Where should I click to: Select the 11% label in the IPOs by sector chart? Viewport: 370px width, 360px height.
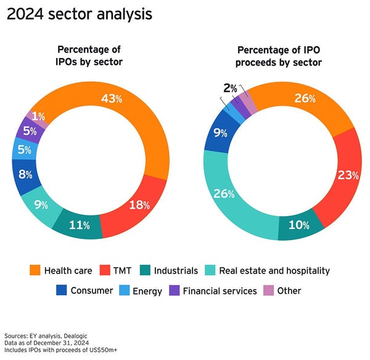(x=78, y=225)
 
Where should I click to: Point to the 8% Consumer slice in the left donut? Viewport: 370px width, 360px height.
(x=27, y=174)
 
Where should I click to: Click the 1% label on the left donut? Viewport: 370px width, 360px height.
(x=39, y=116)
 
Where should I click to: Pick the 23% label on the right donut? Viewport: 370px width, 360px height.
(x=348, y=175)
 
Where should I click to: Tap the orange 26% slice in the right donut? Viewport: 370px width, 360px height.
(x=304, y=99)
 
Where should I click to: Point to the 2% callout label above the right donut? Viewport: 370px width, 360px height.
(x=230, y=88)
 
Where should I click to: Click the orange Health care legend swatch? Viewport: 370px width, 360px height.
(x=35, y=270)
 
